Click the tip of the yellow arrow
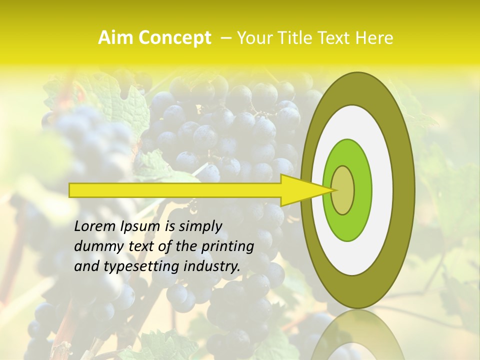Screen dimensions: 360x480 (x=333, y=190)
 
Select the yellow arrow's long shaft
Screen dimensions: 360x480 (x=175, y=190)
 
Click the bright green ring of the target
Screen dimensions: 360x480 (x=361, y=190)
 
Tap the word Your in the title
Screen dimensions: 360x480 (x=253, y=38)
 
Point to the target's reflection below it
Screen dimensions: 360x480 (x=357, y=337)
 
